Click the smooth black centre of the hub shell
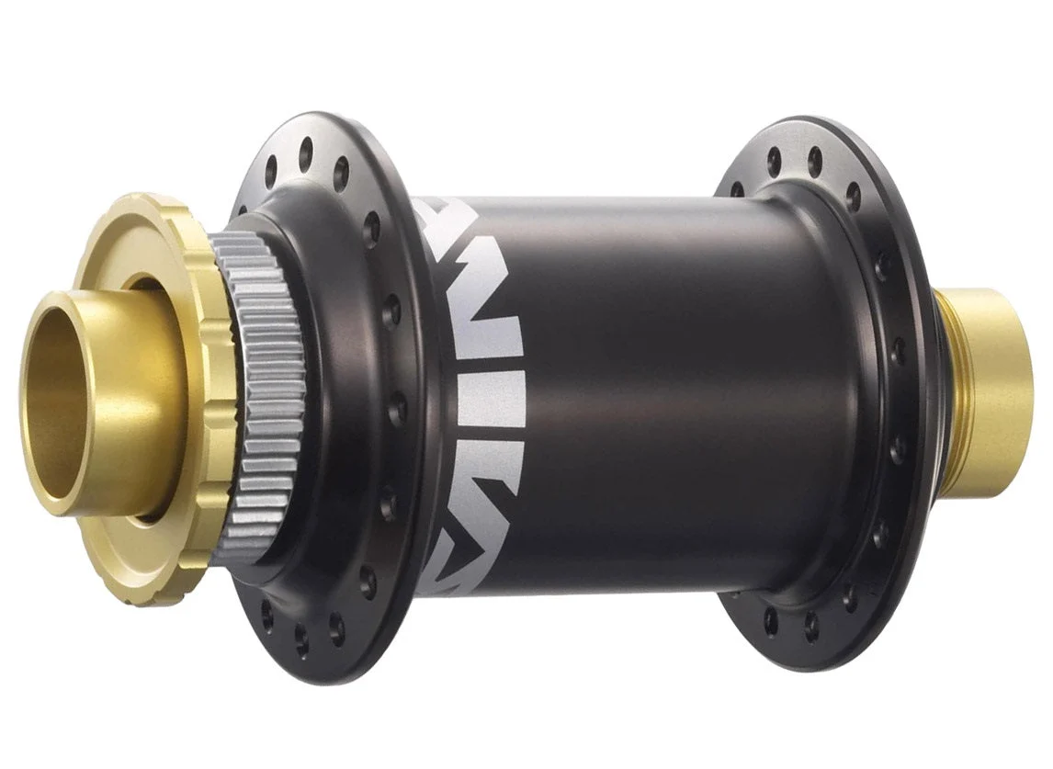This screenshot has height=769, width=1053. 662,386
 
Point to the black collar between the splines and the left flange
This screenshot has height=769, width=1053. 317,386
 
